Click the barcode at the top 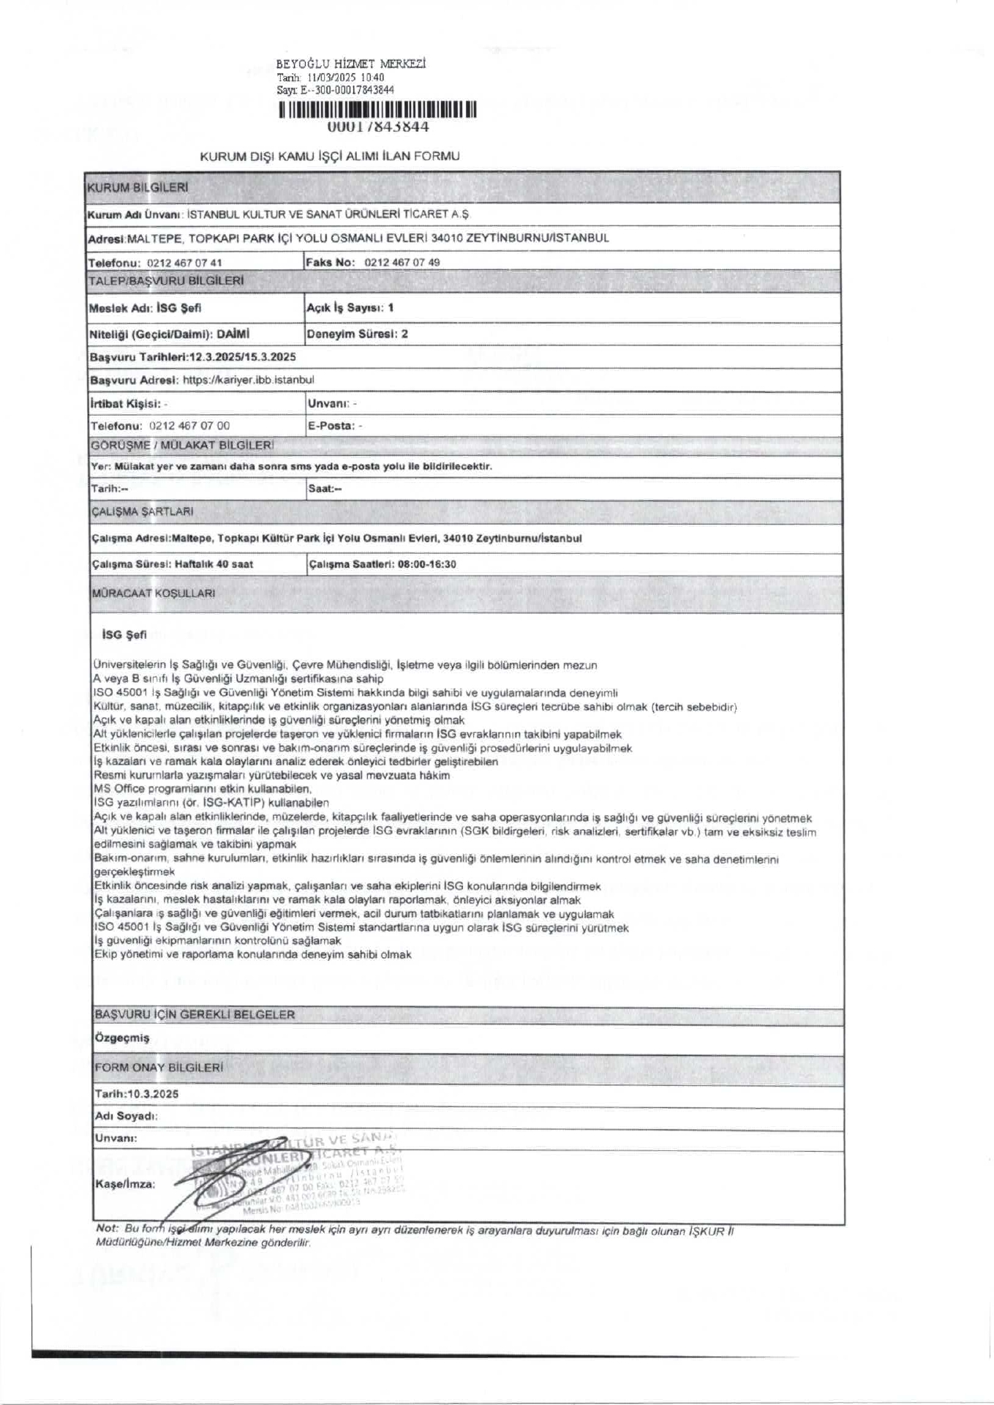click(x=377, y=111)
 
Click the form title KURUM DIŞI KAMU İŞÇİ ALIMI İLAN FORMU click(x=330, y=156)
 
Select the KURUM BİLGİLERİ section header click(x=138, y=187)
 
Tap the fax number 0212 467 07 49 click(x=402, y=262)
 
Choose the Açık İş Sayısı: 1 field click(x=350, y=308)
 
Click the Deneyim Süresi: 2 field click(x=357, y=334)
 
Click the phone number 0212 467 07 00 click(x=189, y=425)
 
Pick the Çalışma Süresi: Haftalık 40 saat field click(x=173, y=564)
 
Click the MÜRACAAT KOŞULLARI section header click(x=154, y=593)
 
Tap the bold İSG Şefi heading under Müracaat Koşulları click(x=124, y=635)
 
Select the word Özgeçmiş click(x=121, y=1038)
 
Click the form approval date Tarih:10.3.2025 click(x=137, y=1093)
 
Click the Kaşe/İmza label click(x=125, y=1183)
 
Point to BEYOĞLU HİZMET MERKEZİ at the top click(x=351, y=64)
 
